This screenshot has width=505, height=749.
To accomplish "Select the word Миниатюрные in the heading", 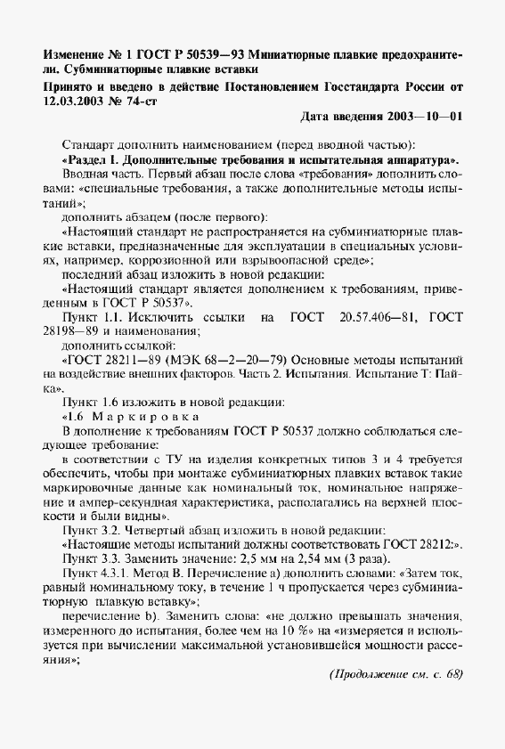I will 291,48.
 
